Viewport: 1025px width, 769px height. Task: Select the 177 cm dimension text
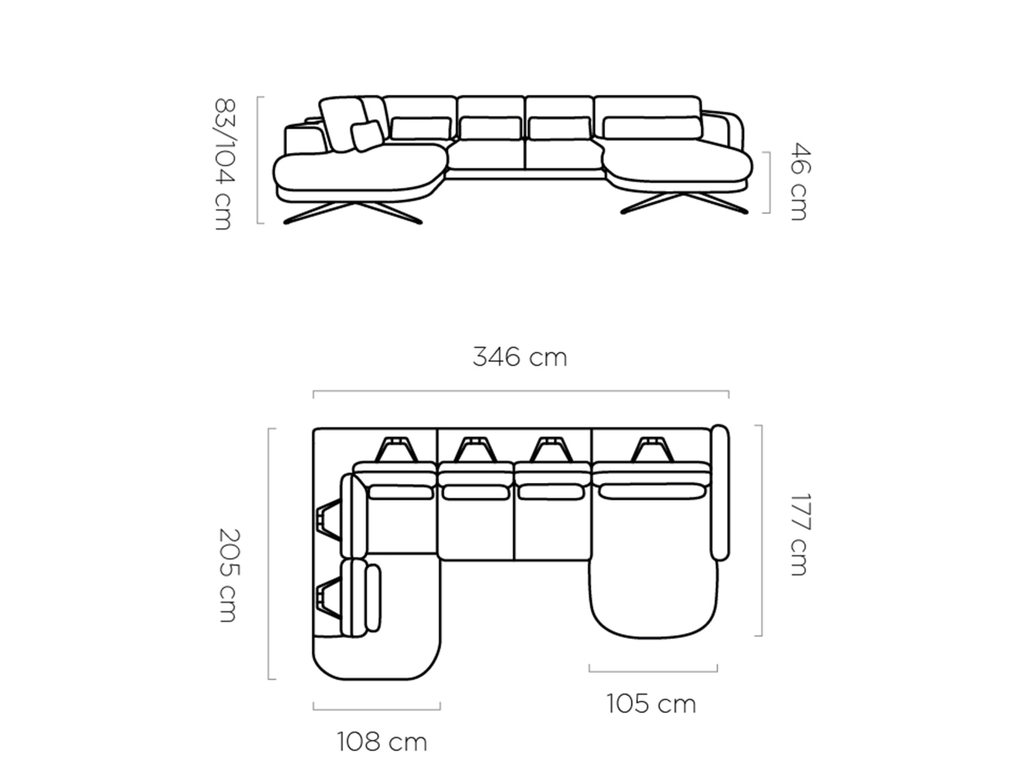tap(799, 534)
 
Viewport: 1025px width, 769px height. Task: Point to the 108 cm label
tap(382, 742)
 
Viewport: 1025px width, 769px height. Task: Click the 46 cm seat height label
tap(799, 181)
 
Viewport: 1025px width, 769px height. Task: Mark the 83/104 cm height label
tap(225, 164)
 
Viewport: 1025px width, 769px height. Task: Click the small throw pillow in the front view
tap(367, 136)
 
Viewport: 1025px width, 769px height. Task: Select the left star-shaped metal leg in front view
tap(353, 212)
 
